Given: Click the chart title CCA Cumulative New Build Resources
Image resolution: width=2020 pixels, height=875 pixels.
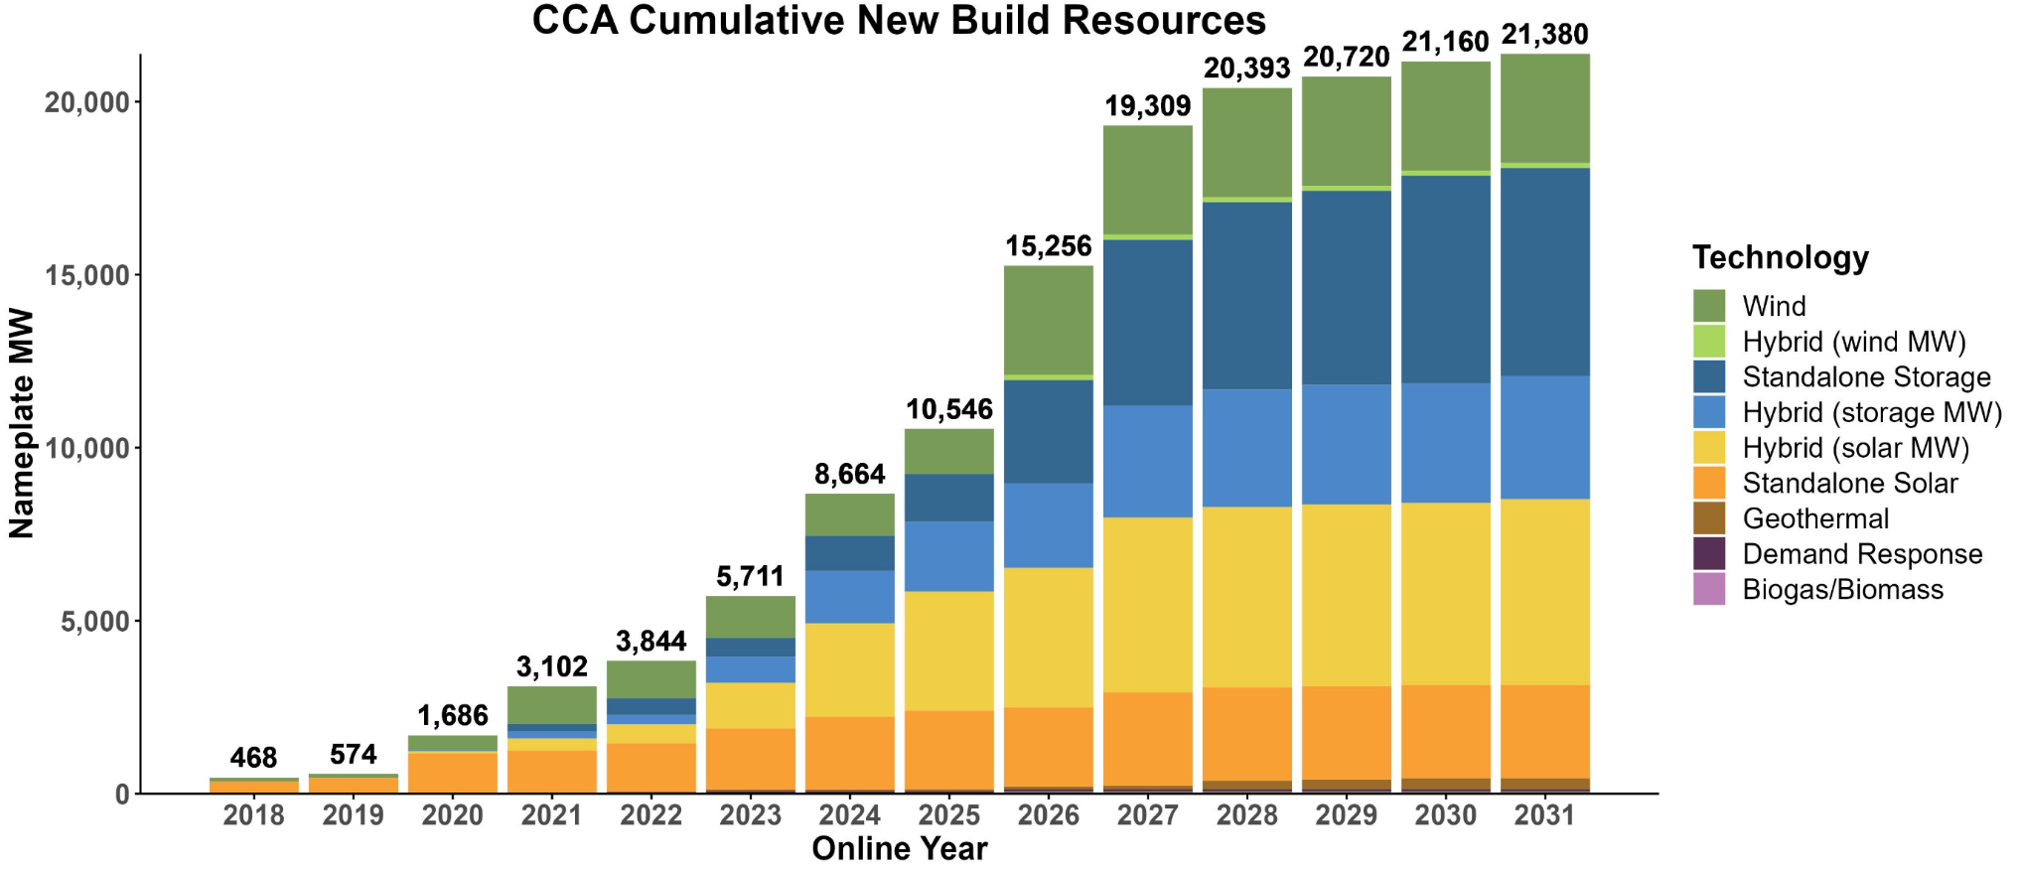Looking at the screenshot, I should coord(898,21).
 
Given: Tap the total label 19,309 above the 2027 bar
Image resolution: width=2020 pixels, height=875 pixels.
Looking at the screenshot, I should coord(1147,106).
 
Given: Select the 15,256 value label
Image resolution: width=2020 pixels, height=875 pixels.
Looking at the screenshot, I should coord(1048,246).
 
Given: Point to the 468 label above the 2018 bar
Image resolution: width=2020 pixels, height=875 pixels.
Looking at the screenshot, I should coord(253,758).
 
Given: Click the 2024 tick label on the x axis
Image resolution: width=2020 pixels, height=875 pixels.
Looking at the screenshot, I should coord(849,815).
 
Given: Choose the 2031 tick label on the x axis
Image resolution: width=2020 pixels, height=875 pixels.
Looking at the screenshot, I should coord(1544,815).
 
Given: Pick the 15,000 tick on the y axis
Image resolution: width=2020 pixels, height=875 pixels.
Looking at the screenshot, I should coord(87,275).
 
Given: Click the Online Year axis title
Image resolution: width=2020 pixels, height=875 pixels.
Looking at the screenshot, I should coord(899,849).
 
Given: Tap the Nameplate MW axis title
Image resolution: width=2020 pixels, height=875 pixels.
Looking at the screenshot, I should coord(22,424).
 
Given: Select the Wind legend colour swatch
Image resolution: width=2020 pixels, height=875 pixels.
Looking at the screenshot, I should coord(1709,306).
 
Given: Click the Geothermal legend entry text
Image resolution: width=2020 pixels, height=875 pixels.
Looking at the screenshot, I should coord(1815,518).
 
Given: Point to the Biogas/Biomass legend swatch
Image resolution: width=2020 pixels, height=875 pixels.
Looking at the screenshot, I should coord(1709,589).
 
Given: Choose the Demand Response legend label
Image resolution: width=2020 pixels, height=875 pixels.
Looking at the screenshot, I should coord(1862,554).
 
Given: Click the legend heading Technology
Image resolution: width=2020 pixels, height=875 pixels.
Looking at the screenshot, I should coord(1781,258).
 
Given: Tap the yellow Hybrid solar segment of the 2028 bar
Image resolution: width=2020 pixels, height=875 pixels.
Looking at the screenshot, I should coord(1246,597).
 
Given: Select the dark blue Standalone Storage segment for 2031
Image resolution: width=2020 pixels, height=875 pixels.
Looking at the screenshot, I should coord(1544,271).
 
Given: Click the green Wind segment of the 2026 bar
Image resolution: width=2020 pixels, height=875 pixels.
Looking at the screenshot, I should coord(1048,320).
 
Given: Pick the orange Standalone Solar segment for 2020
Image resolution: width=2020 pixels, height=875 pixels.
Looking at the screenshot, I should coord(452,773).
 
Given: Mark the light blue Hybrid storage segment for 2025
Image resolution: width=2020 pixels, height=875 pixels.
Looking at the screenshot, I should coord(948,556).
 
